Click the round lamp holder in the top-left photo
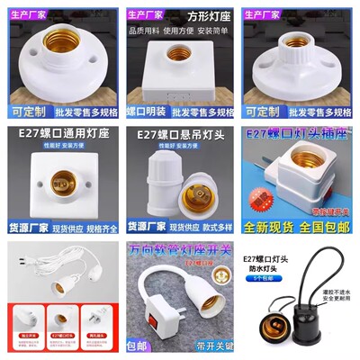pyautogui.click(x=58, y=60)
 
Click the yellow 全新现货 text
pyautogui.click(x=270, y=228)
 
